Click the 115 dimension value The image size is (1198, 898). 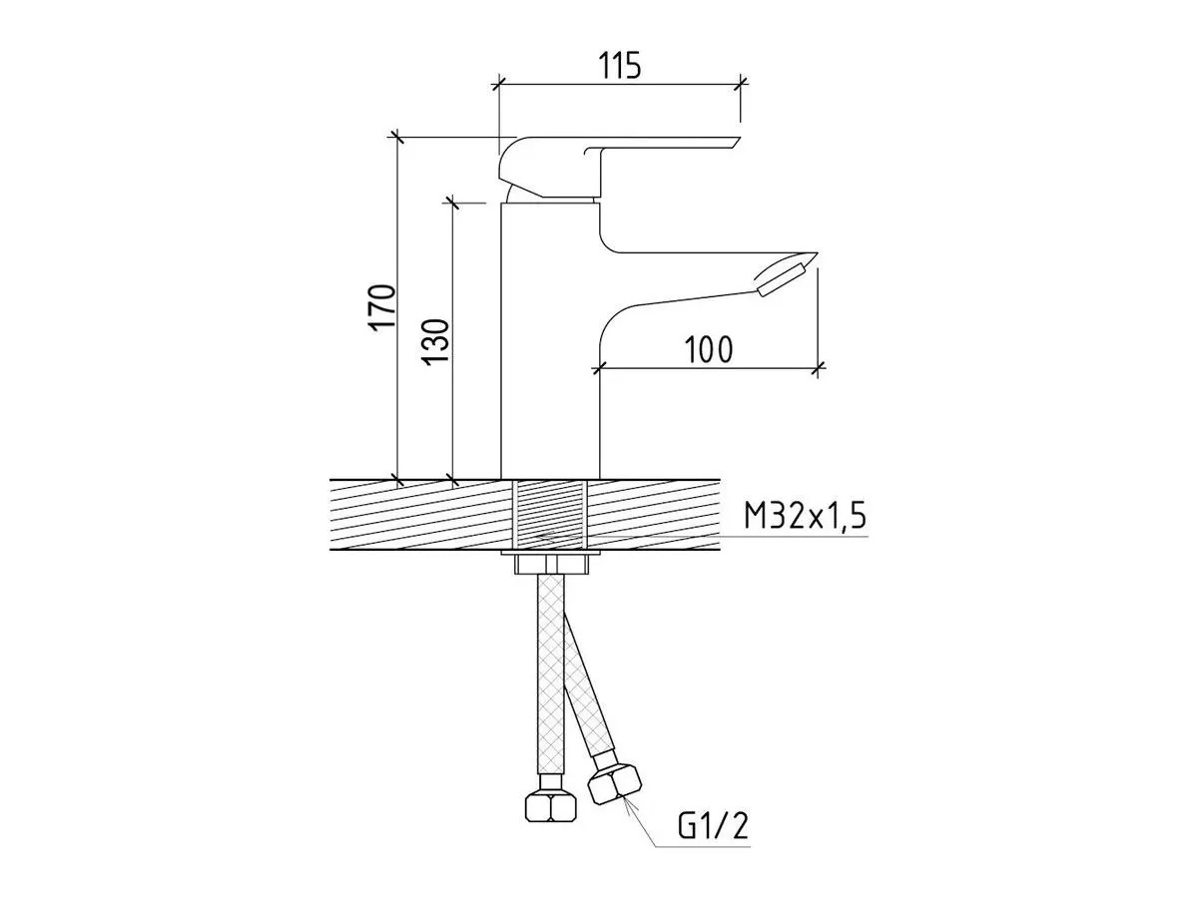pos(620,66)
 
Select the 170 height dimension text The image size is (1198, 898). pos(382,307)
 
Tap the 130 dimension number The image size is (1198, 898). pos(436,342)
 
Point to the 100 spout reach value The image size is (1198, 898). pos(709,350)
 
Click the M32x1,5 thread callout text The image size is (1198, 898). pos(805,516)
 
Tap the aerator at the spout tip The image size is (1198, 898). pos(782,280)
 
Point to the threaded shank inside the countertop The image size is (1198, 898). pos(550,515)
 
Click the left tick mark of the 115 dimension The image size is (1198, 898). pos(497,85)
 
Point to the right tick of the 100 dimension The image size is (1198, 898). pos(817,369)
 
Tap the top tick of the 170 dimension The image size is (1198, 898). pos(396,137)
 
